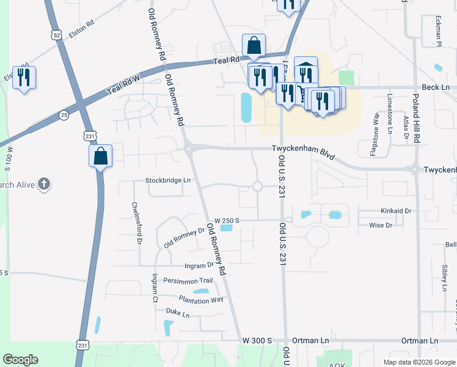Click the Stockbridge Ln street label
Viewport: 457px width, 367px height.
coord(168,180)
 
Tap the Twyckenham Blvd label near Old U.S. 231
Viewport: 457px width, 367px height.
coord(303,151)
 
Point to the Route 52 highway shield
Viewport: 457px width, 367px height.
coord(57,35)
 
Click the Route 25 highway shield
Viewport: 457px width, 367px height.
coord(64,114)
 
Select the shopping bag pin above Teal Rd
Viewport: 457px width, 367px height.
coord(254,45)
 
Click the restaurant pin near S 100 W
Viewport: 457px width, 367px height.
coord(24,77)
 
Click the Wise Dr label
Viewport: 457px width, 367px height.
coord(381,225)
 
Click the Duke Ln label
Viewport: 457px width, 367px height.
coord(178,313)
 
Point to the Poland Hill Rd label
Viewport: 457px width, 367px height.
coord(416,123)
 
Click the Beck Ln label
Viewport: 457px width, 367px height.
coord(436,87)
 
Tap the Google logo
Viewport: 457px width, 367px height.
coord(21,360)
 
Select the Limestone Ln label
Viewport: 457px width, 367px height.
coord(390,114)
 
